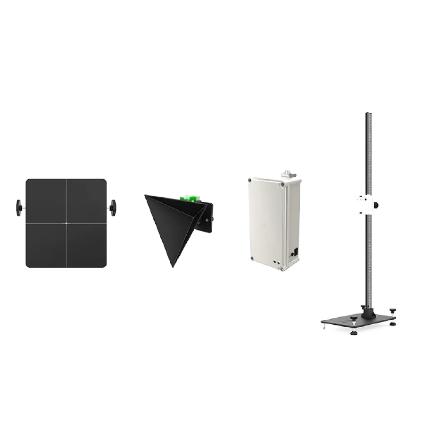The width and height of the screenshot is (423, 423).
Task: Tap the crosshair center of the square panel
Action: (x=66, y=223)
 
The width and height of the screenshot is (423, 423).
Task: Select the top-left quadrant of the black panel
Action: (x=45, y=201)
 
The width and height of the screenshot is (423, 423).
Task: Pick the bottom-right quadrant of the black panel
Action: (x=87, y=246)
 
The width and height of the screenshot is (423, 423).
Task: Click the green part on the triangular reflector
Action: (x=189, y=199)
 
